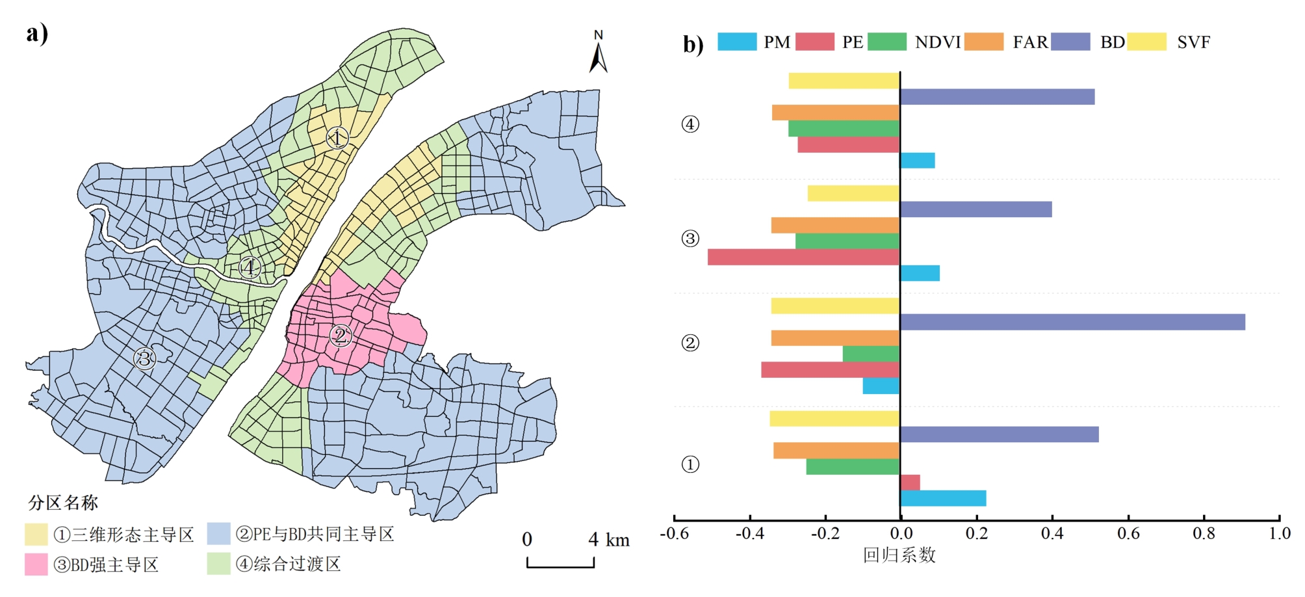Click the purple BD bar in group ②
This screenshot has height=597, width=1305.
(x=1072, y=322)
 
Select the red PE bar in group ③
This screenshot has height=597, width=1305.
(x=803, y=257)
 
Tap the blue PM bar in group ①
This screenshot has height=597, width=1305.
(x=943, y=499)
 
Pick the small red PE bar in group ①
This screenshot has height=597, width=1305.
(x=910, y=483)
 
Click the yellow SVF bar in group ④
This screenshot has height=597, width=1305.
(x=844, y=81)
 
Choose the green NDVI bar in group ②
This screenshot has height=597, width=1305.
(x=871, y=354)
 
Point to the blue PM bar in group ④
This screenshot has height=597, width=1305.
(x=917, y=161)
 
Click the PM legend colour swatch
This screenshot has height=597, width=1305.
(x=737, y=42)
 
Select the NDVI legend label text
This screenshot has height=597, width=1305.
(x=937, y=42)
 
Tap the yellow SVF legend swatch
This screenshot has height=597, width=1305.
(x=1146, y=42)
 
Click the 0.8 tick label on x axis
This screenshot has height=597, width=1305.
(x=1204, y=534)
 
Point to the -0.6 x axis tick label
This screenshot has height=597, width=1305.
(x=674, y=534)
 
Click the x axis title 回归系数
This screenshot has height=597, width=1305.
(x=899, y=555)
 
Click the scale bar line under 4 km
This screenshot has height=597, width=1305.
(x=560, y=566)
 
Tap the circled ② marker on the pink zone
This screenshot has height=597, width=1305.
(x=341, y=336)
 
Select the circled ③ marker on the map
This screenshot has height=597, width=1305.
(x=144, y=358)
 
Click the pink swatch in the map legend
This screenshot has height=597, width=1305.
(x=36, y=564)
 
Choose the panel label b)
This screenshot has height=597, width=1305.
(x=693, y=44)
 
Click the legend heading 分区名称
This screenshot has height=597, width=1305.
(x=63, y=503)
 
